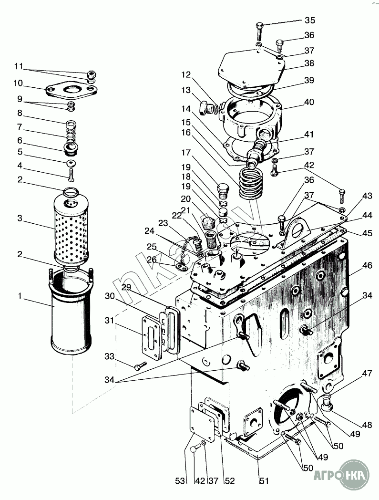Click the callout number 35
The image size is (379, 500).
(310, 20)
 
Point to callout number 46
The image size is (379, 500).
(367, 265)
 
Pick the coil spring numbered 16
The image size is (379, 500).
(252, 184)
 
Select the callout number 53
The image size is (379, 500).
(180, 480)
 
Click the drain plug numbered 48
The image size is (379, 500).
(327, 402)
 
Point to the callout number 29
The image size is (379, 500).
(126, 287)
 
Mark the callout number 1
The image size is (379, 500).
(20, 296)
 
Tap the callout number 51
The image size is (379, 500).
(264, 480)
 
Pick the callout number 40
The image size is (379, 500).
(309, 102)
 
